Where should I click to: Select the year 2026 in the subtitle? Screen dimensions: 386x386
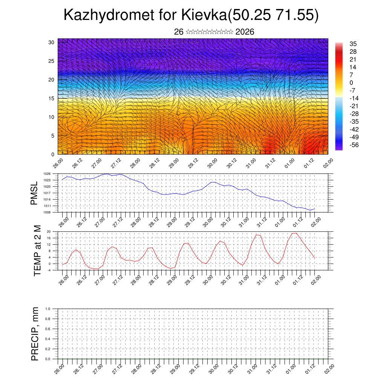[x=245, y=32]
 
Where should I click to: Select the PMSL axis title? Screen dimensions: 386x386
[x=34, y=193]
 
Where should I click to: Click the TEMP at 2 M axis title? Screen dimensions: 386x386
[x=37, y=250]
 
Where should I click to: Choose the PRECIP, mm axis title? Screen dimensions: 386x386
[x=35, y=334]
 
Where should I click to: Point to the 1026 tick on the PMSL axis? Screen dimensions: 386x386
[x=47, y=174]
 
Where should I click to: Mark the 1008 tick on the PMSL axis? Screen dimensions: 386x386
[x=47, y=212]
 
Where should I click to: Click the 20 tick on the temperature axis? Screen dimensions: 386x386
[x=49, y=231]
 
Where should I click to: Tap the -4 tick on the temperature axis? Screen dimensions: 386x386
[x=49, y=270]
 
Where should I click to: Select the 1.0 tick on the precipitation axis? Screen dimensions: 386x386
[x=47, y=309]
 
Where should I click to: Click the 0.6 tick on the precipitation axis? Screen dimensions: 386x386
[x=47, y=329]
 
